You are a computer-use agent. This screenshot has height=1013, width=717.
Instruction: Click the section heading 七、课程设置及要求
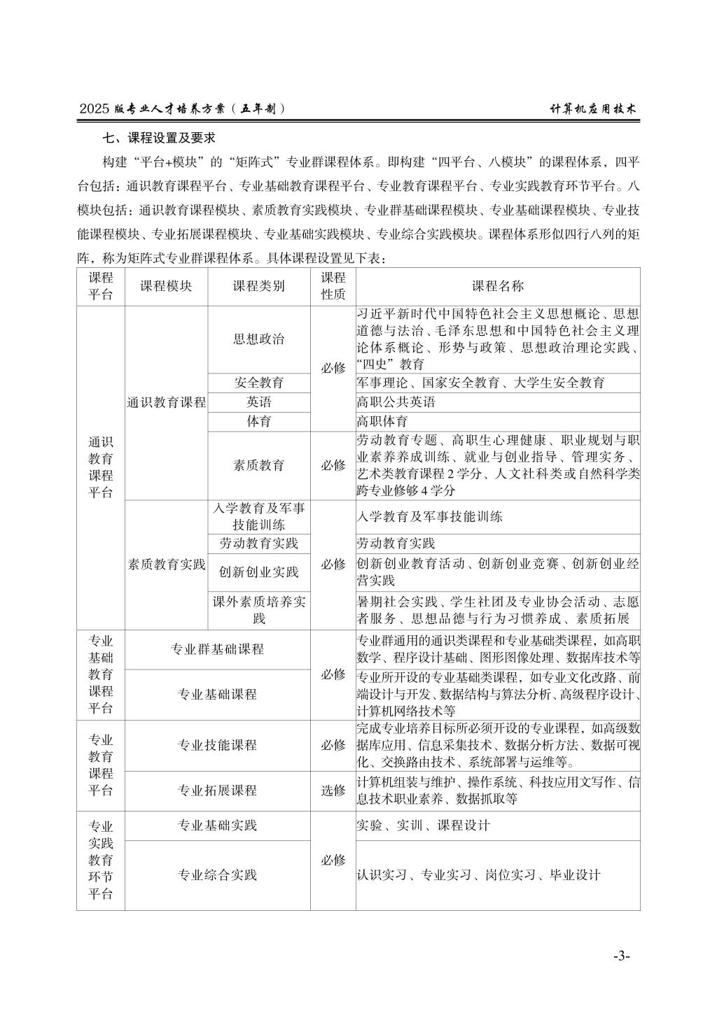coord(158,138)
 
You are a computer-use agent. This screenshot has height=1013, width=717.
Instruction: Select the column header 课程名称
coord(497,286)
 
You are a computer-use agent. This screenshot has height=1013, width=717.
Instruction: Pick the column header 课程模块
coord(166,286)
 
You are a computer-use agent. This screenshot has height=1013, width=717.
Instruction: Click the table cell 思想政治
coord(258,339)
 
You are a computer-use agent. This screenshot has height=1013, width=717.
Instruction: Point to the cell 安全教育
coord(258,383)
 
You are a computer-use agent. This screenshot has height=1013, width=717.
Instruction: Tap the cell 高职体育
coord(382,421)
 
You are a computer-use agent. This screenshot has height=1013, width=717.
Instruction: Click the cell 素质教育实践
coord(166,565)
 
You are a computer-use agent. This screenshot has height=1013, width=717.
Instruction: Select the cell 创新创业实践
coord(258,572)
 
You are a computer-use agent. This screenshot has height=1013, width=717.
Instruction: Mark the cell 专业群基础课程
coord(217,649)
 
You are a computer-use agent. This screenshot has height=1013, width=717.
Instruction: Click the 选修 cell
coord(333,791)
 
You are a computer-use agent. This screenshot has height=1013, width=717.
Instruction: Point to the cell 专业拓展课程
coord(217,791)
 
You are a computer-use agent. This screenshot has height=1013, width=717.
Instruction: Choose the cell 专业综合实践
coord(217,875)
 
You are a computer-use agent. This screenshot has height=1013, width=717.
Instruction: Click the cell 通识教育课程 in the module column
coord(166,402)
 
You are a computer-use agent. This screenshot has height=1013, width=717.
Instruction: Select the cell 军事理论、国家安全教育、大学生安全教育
coord(480,383)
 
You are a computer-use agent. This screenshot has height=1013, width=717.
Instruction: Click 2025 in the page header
coord(95,109)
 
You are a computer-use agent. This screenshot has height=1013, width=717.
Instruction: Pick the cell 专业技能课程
coord(217,745)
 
